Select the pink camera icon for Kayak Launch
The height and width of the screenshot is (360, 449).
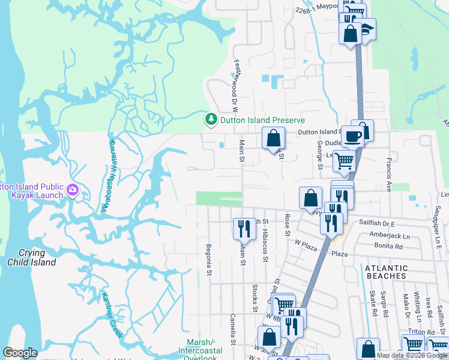(73, 190)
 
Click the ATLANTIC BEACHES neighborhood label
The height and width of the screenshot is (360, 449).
(386, 272)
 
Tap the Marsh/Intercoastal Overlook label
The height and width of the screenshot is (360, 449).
(200, 350)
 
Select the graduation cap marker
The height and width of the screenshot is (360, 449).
(366, 28)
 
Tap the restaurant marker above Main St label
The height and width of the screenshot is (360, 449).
(244, 227)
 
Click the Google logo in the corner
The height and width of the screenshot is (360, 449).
(20, 353)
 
